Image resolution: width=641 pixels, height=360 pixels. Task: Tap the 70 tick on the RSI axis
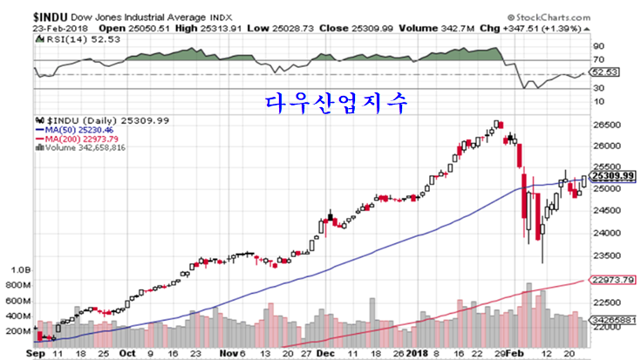click(599, 59)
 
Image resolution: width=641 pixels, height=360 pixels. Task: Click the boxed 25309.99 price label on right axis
click(610, 176)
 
